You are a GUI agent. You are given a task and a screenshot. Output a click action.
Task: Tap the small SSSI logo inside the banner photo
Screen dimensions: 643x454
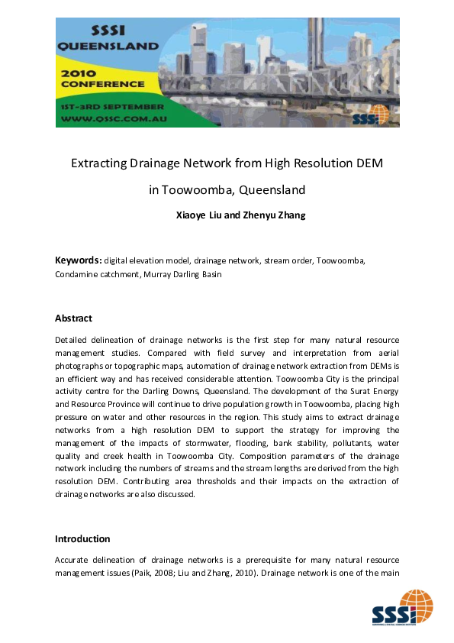coord(370,115)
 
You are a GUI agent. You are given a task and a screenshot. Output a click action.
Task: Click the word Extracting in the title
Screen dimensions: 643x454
coord(98,163)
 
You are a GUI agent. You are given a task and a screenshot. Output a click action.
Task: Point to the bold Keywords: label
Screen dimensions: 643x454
coord(78,260)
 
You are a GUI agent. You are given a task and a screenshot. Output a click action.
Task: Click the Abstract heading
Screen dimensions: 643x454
coord(73,318)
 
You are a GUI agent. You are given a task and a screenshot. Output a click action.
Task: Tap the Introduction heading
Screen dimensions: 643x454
coord(82,539)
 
